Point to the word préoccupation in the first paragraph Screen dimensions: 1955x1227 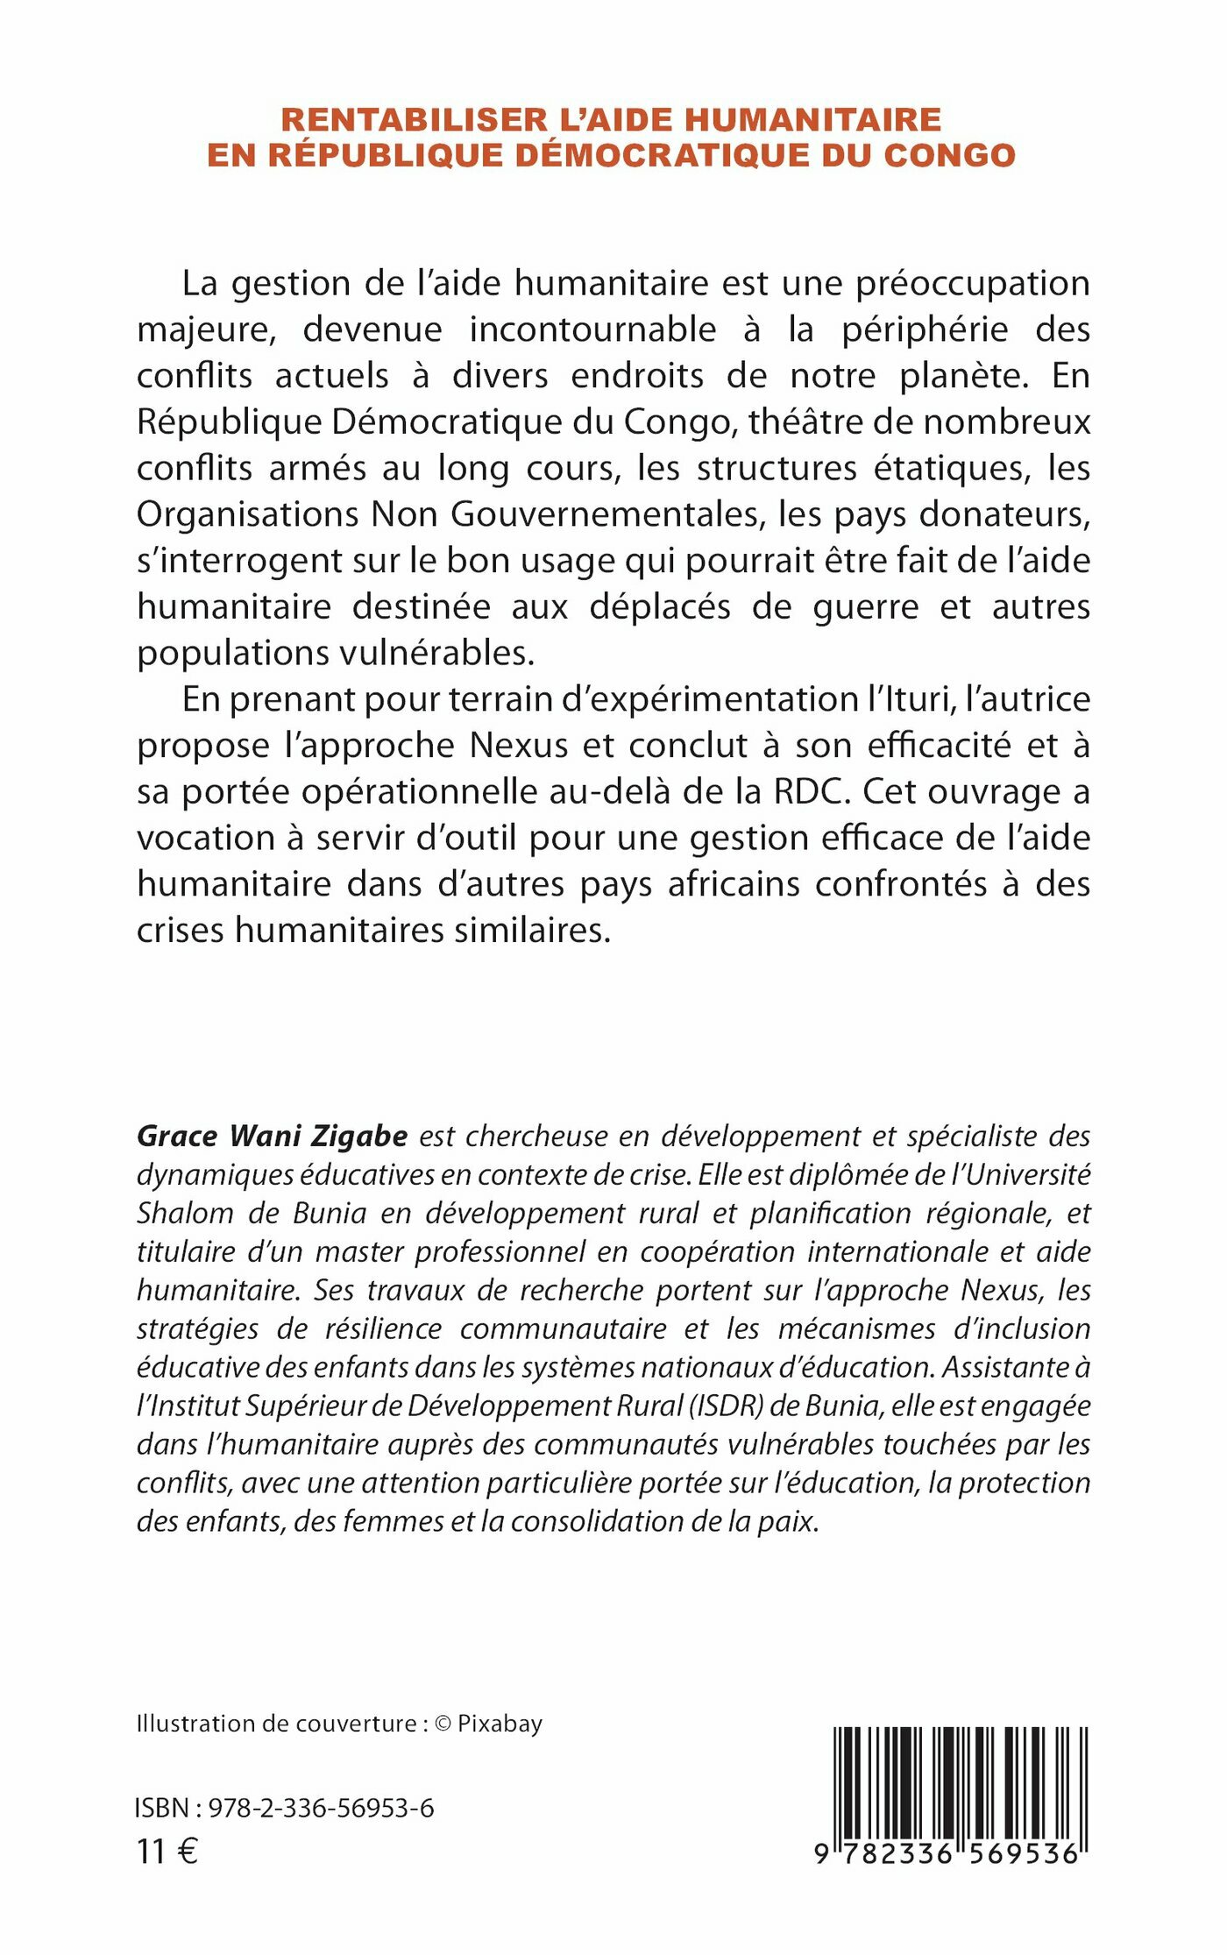[973, 284]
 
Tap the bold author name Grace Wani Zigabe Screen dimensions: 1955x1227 [272, 1137]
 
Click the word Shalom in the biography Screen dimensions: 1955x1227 [173, 1214]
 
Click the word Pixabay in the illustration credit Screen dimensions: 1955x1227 [500, 1724]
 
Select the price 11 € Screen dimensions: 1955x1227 [167, 1852]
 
